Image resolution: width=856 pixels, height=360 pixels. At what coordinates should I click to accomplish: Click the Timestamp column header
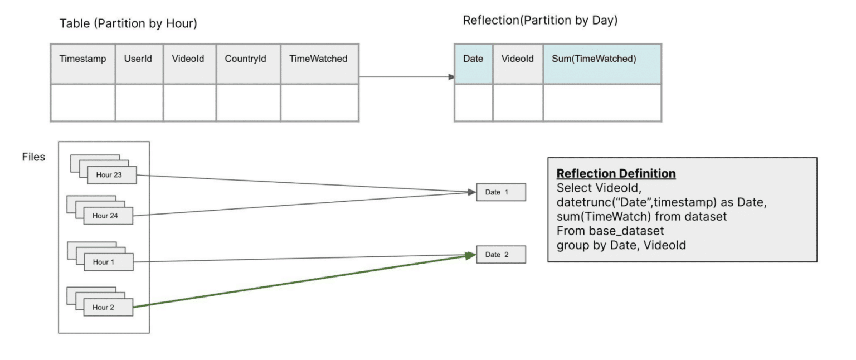coord(82,59)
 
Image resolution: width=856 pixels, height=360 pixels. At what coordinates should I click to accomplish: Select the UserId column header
coord(139,59)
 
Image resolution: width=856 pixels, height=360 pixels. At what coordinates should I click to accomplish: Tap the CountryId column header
coord(245,59)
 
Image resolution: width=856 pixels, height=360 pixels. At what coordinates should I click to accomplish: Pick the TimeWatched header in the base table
coord(318,59)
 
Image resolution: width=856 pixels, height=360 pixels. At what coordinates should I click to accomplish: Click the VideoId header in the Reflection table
coord(517,59)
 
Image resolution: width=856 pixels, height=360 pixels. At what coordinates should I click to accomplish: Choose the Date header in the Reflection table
coord(473,59)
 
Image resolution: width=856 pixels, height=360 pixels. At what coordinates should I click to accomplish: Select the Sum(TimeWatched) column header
coord(594,59)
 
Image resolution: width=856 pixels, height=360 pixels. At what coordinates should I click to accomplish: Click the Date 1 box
coord(500,192)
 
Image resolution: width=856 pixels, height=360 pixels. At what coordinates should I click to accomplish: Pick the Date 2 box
coord(500,255)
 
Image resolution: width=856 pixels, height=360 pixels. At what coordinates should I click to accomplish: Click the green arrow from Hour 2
coord(301,281)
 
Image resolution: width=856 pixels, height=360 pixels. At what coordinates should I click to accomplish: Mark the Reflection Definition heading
coord(616,174)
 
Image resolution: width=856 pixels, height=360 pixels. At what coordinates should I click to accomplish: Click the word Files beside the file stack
coord(33,157)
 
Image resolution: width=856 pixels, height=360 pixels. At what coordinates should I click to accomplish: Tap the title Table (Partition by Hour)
coord(128,24)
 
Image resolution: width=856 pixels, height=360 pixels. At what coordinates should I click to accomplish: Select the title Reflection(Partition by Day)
coord(540,21)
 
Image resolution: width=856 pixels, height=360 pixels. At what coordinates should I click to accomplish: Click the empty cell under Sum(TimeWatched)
coord(602,103)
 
